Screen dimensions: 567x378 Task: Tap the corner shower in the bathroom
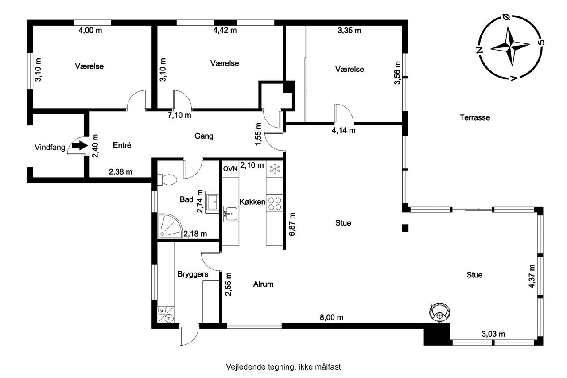(170, 226)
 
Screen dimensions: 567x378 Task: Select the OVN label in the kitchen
(230, 169)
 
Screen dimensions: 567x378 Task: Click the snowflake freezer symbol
(274, 169)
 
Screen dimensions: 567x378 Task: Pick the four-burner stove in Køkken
(275, 203)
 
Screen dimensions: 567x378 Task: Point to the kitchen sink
(230, 214)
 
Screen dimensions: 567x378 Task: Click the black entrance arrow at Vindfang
(80, 146)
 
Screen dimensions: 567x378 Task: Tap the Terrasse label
(474, 117)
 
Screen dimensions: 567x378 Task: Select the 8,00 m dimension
(331, 317)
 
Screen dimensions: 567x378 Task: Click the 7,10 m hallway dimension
(179, 115)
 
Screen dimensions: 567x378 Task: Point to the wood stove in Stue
(440, 312)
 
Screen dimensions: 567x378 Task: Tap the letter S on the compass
(541, 42)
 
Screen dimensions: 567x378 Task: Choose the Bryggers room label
(193, 274)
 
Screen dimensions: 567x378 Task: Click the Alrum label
(263, 284)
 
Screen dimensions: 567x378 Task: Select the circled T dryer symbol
(169, 318)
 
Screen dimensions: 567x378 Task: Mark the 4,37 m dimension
(532, 276)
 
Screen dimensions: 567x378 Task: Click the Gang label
(204, 136)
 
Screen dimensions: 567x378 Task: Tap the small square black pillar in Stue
(405, 228)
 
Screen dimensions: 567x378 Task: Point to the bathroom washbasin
(212, 202)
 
